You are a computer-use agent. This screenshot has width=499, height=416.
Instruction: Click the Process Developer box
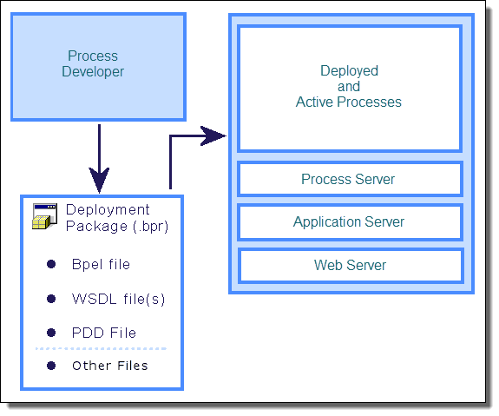pyautogui.click(x=98, y=67)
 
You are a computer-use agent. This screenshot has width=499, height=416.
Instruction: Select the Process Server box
pyautogui.click(x=350, y=179)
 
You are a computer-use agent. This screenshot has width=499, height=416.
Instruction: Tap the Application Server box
pyautogui.click(x=350, y=222)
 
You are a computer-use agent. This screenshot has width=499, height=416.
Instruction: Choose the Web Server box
pyautogui.click(x=350, y=266)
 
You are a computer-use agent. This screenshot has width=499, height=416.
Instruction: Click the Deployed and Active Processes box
pyautogui.click(x=350, y=89)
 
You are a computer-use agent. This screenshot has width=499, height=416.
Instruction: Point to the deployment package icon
pyautogui.click(x=44, y=216)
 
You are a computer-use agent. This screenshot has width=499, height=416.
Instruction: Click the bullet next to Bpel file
pyautogui.click(x=51, y=264)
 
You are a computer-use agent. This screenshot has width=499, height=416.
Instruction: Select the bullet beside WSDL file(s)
pyautogui.click(x=51, y=299)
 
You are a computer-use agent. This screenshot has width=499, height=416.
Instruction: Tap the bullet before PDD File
pyautogui.click(x=51, y=333)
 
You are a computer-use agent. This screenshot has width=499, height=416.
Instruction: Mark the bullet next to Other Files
pyautogui.click(x=51, y=366)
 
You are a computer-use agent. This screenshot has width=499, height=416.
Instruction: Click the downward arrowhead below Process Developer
pyautogui.click(x=99, y=180)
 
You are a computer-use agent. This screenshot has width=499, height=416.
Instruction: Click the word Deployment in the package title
pyautogui.click(x=108, y=210)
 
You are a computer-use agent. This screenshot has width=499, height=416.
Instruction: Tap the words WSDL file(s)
pyautogui.click(x=118, y=299)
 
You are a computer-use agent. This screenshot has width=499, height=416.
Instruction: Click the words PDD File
pyautogui.click(x=104, y=333)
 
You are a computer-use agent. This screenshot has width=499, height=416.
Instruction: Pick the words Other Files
pyautogui.click(x=110, y=366)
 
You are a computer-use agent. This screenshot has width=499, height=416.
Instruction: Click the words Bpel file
pyautogui.click(x=102, y=264)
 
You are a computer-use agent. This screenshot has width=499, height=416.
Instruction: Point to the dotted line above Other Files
pyautogui.click(x=102, y=349)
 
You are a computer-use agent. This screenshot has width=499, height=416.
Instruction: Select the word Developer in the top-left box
pyautogui.click(x=93, y=72)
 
